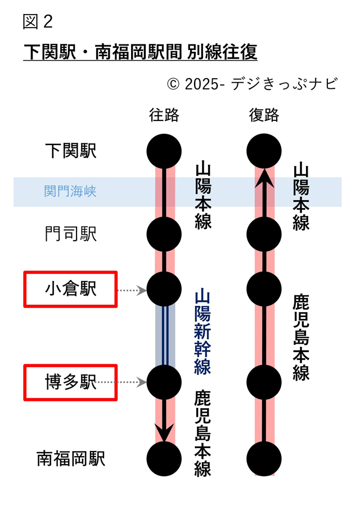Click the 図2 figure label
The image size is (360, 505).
[38, 21]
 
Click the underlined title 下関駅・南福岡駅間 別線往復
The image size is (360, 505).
[140, 52]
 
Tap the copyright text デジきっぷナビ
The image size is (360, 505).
[252, 84]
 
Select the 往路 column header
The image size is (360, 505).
[164, 115]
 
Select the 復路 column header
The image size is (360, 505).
[264, 115]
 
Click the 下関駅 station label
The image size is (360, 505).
[71, 151]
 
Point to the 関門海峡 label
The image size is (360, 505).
[70, 192]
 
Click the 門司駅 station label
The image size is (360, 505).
[71, 234]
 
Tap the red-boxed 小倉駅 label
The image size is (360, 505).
[70, 289]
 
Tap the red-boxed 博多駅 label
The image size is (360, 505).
[70, 382]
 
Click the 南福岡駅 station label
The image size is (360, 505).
[71, 458]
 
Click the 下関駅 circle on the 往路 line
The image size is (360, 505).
[164, 151]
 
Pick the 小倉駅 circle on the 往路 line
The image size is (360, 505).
[164, 289]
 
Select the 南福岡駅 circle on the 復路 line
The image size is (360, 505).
[264, 458]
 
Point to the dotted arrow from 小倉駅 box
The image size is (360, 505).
[132, 290]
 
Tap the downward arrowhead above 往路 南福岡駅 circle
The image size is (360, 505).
[164, 432]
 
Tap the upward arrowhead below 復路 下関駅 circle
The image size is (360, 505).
[264, 179]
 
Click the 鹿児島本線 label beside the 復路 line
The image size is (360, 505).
[301, 337]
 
